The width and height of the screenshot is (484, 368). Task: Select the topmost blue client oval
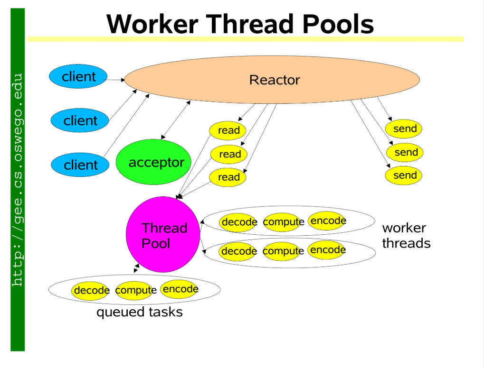coord(78,76)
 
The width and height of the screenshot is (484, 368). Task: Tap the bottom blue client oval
coord(80,165)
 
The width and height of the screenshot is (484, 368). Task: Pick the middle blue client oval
coord(80,120)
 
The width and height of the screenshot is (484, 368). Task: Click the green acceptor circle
coord(153,162)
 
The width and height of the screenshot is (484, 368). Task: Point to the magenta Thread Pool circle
coord(163,235)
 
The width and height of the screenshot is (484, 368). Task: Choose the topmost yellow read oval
coord(228,130)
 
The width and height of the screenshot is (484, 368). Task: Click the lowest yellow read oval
coord(228,177)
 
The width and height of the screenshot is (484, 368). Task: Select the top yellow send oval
coord(404,129)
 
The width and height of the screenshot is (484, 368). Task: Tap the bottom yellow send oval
coord(404,175)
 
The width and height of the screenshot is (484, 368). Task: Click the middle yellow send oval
coord(405,152)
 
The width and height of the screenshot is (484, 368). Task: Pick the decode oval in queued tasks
coord(91,290)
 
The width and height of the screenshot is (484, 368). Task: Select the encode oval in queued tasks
coord(179,289)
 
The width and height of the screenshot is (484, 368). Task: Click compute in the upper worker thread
coord(283,222)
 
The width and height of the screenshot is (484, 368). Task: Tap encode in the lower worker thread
coord(327,249)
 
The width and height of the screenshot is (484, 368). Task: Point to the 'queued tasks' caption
coord(139,313)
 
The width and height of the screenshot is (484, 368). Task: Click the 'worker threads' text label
coord(406,236)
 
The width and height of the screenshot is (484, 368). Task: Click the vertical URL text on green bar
coord(18,180)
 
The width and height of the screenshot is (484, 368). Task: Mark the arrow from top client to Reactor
coord(116,80)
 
